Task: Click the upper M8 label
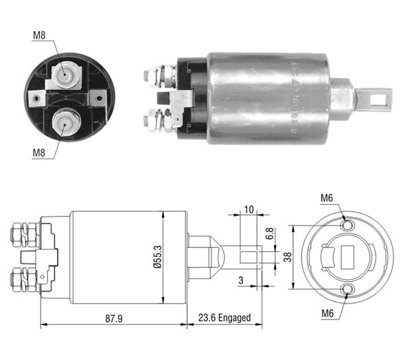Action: [39, 34]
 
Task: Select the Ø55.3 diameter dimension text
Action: [157, 257]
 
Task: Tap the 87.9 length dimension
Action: [113, 317]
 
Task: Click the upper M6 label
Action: [327, 199]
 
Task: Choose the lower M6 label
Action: [327, 315]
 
